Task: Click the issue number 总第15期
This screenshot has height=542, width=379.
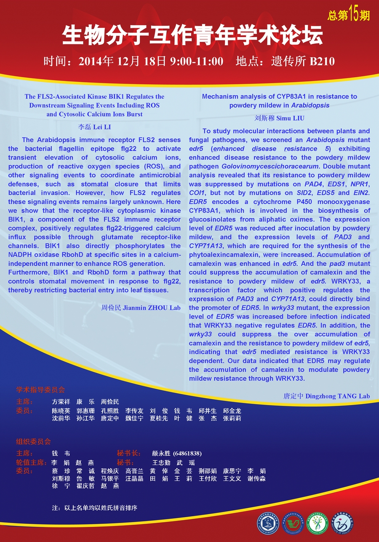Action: [349, 15]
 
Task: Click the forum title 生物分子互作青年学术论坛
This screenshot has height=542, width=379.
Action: [192, 35]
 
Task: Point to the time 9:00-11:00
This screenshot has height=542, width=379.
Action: [197, 62]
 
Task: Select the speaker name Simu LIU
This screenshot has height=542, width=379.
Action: [291, 118]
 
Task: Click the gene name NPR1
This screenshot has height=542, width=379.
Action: [362, 184]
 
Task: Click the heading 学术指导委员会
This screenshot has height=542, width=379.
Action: [40, 390]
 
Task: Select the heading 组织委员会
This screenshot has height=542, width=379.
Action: [33, 442]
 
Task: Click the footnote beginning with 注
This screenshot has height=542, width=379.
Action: [95, 508]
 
